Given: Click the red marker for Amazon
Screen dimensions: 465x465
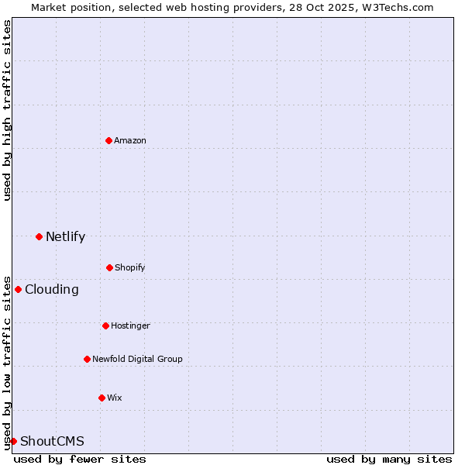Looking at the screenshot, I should [108, 140].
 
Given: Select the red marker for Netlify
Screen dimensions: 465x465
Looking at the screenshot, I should [39, 236].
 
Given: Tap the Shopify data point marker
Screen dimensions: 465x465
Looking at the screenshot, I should [109, 267].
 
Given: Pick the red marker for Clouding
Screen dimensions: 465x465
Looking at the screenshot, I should [18, 289].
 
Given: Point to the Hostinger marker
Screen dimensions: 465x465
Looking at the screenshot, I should [105, 325].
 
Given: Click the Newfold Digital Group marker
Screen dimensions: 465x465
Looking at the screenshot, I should [87, 359].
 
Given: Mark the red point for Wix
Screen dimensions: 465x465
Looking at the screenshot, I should [102, 398].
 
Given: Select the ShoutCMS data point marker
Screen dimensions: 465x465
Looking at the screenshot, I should [13, 441].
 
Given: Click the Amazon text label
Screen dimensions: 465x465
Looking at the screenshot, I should [130, 140].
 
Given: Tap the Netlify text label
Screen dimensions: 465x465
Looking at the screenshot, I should [65, 236].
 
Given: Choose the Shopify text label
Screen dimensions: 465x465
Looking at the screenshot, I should [130, 267].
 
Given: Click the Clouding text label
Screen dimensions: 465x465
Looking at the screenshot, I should [52, 289].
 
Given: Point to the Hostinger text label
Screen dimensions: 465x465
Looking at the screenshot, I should [130, 325].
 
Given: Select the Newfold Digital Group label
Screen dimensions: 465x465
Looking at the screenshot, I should [137, 359].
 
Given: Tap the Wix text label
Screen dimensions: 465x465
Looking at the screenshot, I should [115, 398].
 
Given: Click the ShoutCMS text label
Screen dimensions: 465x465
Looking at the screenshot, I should [52, 441].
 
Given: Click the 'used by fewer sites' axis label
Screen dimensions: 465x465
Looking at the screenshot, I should [80, 459].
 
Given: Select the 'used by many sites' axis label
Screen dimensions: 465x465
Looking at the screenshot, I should [389, 459].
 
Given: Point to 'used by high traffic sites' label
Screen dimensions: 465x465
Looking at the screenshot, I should [7, 110].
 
